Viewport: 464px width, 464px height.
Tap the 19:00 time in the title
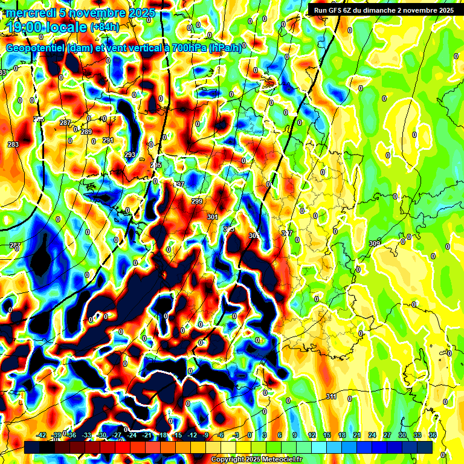coord(27,27)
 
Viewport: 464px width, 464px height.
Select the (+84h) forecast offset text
coord(105,27)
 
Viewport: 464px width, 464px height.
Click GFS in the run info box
coord(337,10)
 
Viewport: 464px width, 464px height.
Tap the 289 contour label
coord(86,132)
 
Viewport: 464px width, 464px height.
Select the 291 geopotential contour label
coord(108,140)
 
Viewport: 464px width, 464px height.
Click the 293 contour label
coord(130,155)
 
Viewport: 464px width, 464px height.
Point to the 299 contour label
coord(197,201)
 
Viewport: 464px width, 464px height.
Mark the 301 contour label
coord(212,216)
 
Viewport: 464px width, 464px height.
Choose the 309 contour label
coord(375,243)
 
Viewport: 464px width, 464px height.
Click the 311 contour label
coord(331,396)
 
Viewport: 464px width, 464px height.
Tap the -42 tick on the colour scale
coord(41,435)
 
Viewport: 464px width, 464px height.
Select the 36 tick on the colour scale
coord(432,435)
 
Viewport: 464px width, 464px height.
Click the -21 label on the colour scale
coord(147,435)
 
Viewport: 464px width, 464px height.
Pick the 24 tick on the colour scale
coord(372,435)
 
